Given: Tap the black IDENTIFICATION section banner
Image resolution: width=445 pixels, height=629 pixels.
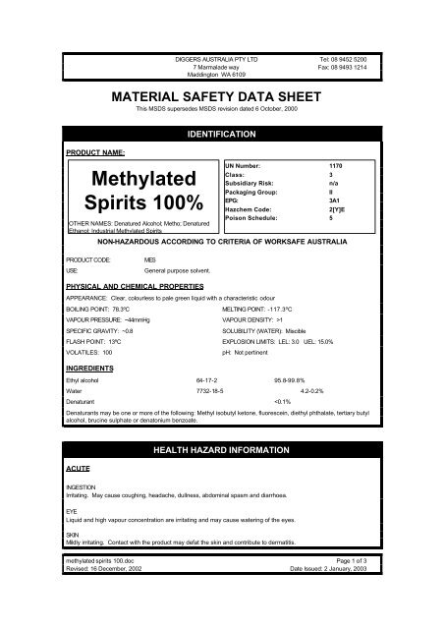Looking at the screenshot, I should tap(221, 131).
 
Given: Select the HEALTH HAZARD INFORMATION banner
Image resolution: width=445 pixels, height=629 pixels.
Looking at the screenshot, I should tap(221, 449).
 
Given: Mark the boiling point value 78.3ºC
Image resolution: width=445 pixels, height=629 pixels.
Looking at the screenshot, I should tap(131, 281).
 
